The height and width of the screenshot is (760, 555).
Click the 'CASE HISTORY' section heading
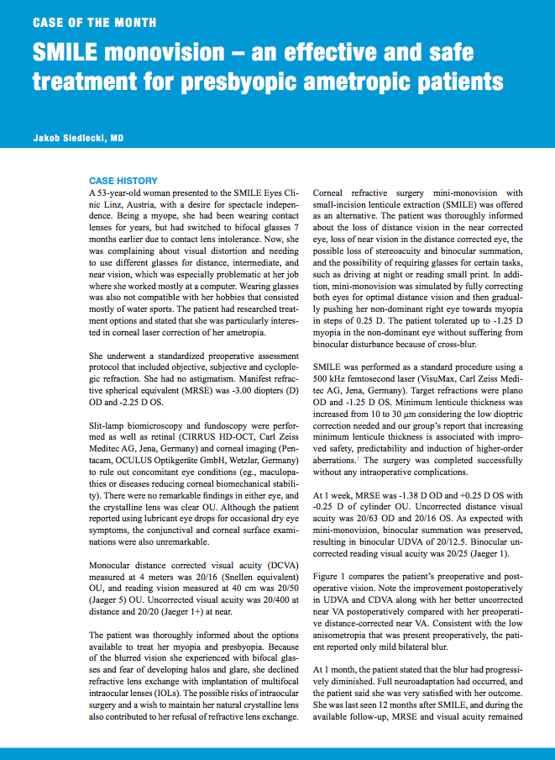coord(123,181)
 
